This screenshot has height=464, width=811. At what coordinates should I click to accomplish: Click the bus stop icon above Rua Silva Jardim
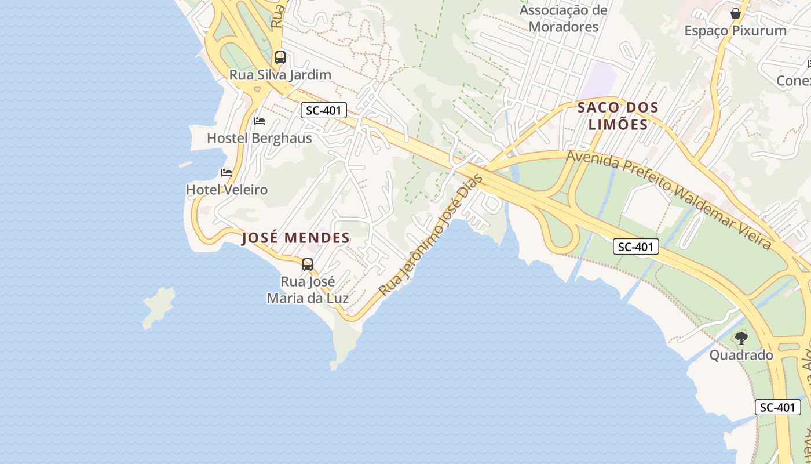(x=280, y=57)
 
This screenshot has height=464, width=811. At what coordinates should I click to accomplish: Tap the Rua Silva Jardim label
(x=280, y=75)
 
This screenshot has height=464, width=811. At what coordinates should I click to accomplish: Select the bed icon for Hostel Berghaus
(x=260, y=121)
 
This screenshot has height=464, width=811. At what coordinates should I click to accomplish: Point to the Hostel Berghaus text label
(x=260, y=138)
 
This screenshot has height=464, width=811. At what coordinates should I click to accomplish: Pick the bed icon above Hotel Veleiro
(x=227, y=173)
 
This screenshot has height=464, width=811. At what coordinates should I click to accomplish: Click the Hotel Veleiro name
(x=227, y=190)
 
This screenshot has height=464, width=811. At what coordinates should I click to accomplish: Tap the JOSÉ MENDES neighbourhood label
(x=295, y=238)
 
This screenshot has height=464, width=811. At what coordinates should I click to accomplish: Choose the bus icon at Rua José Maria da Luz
(x=308, y=264)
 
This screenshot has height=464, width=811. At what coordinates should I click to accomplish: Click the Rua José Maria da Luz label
(x=308, y=290)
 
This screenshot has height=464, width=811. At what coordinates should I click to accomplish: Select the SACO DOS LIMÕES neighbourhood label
(x=618, y=115)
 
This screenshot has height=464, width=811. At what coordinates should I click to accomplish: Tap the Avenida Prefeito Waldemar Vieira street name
(x=669, y=199)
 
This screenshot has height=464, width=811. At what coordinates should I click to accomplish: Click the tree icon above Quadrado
(x=741, y=338)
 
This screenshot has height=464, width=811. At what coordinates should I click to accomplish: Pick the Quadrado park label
(x=741, y=355)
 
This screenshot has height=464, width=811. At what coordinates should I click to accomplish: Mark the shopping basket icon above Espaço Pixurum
(x=736, y=13)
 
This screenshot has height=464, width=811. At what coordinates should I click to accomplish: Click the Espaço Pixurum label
(x=736, y=31)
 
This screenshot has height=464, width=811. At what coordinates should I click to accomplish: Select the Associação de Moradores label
(x=564, y=19)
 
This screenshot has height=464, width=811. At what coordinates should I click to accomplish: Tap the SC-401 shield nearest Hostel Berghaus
(x=324, y=110)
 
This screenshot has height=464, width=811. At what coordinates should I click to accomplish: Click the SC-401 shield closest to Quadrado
(x=778, y=407)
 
